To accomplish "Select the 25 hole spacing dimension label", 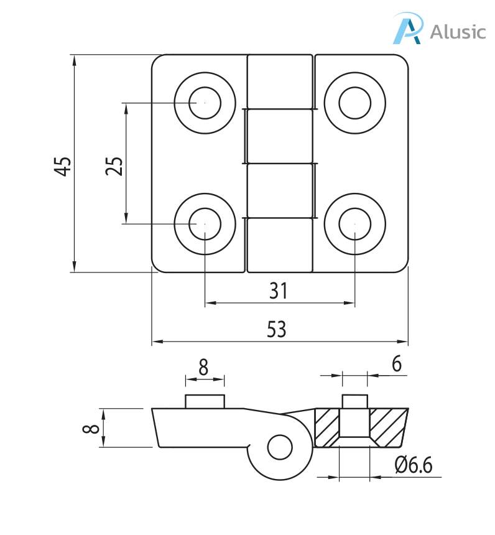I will pos(114,165).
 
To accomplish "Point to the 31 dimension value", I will pos(279,290).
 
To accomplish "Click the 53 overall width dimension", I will pos(277,330).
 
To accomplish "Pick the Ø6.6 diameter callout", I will pos(413,465).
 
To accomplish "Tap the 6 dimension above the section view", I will pos(396,364).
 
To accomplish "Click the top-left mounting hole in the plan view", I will pos(205,103).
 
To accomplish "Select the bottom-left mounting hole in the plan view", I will pos(205,223).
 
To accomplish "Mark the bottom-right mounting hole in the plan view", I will pos(354,223).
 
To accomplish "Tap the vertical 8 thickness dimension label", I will pos(91,428).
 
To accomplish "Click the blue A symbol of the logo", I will pos(408,29).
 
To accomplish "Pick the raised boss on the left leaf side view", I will pos(205,401).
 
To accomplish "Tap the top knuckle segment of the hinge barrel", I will pos(279,82).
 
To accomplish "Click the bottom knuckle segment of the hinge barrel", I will pos(279,245).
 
